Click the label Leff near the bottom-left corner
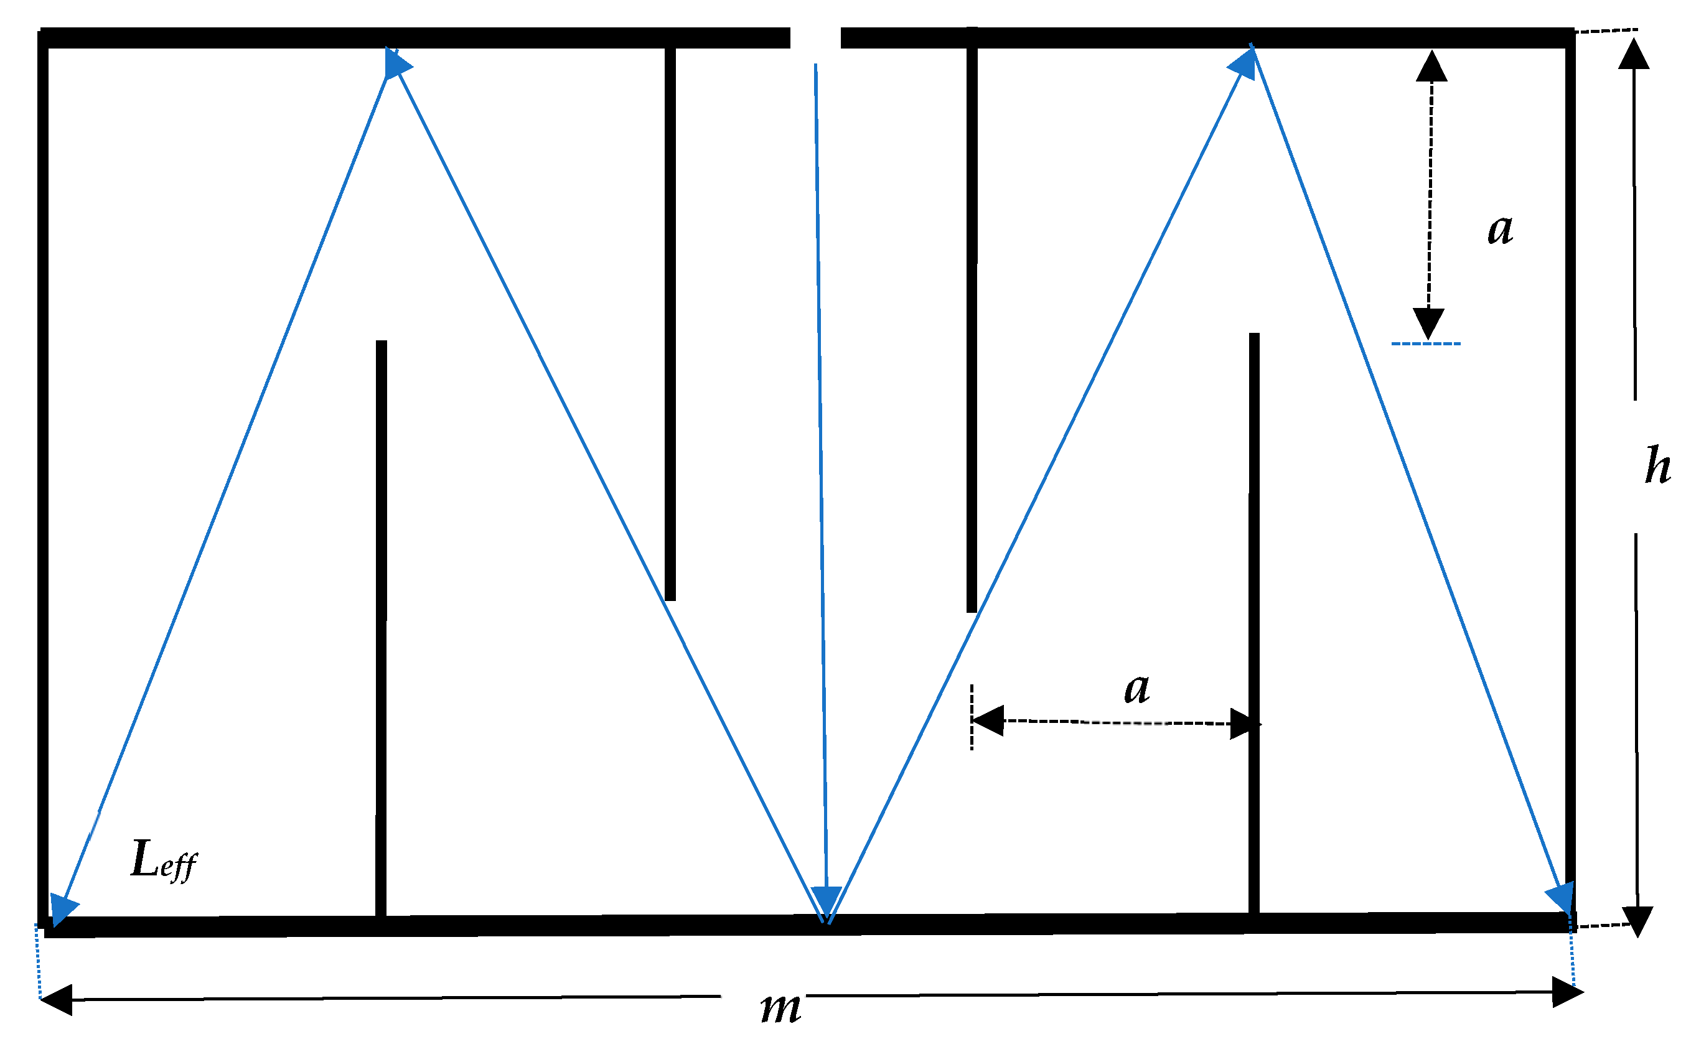tap(164, 860)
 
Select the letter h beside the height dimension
tap(1657, 465)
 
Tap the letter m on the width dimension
tap(781, 1008)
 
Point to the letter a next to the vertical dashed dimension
tap(1501, 229)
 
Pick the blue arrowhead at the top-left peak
tap(398, 64)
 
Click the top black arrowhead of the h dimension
tap(1634, 53)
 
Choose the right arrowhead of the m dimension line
tap(1568, 992)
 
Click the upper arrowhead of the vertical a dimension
tap(1432, 65)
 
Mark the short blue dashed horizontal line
tap(1426, 343)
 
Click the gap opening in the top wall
tap(815, 38)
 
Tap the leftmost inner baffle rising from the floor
tap(382, 628)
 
